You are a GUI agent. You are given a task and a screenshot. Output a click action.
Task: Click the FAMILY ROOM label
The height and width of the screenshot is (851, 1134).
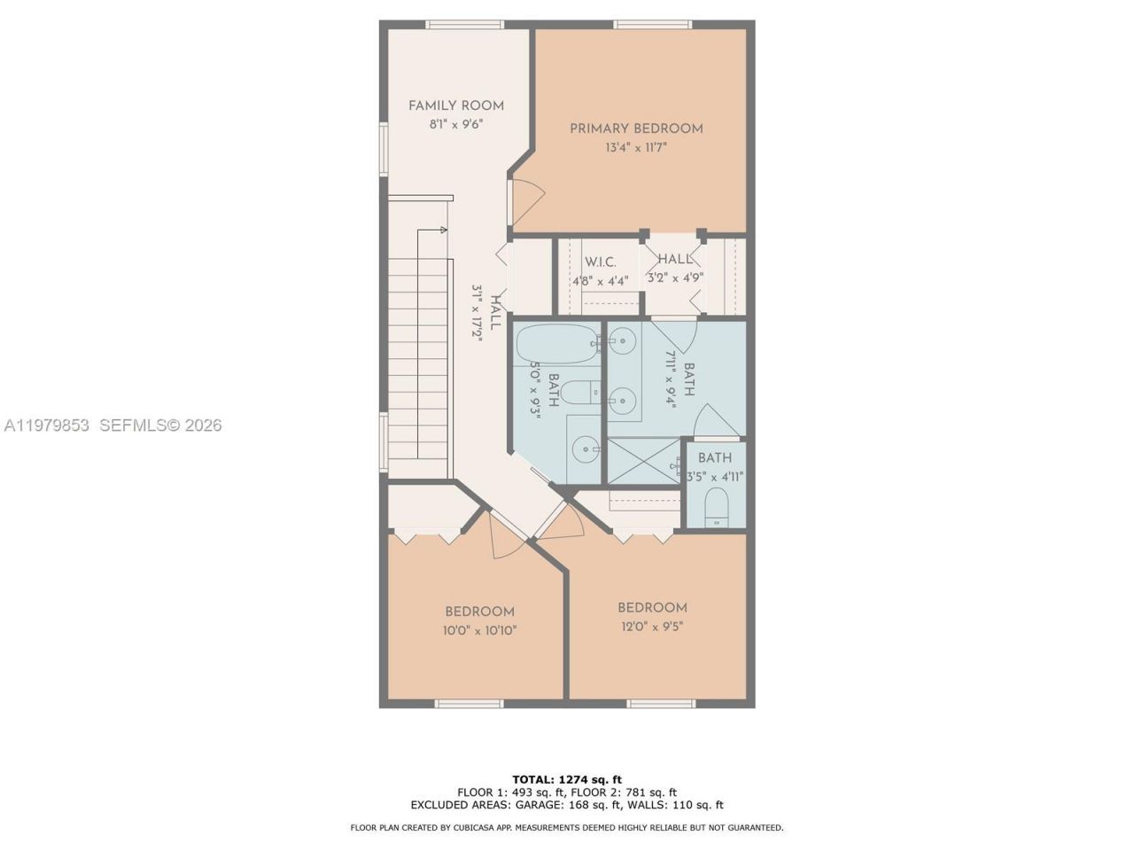pyautogui.click(x=455, y=105)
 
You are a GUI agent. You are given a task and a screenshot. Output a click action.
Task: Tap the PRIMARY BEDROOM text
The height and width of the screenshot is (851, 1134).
pyautogui.click(x=636, y=129)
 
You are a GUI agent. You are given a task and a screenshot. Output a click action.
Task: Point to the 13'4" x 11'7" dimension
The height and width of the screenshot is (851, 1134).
pyautogui.click(x=636, y=148)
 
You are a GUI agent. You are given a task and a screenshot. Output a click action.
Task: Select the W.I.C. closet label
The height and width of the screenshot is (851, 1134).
pyautogui.click(x=600, y=262)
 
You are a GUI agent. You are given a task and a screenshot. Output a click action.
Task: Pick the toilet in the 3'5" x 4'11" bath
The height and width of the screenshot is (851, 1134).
pyautogui.click(x=716, y=510)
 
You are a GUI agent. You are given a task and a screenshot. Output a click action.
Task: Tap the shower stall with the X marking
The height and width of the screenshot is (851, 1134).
pyautogui.click(x=644, y=461)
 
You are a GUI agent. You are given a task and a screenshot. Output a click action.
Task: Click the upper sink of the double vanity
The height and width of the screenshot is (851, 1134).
pyautogui.click(x=624, y=339)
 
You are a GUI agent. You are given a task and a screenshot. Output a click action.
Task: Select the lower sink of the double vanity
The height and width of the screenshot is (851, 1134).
pyautogui.click(x=624, y=399)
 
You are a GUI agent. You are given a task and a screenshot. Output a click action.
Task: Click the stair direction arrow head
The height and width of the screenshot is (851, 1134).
pyautogui.click(x=443, y=230)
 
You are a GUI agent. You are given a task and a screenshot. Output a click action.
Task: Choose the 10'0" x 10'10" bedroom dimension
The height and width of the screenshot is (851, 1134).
pyautogui.click(x=479, y=631)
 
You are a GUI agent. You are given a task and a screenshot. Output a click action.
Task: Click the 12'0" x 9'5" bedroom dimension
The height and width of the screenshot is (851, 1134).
pyautogui.click(x=651, y=627)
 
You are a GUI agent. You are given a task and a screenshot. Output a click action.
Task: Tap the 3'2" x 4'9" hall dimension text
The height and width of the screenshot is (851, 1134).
pyautogui.click(x=675, y=278)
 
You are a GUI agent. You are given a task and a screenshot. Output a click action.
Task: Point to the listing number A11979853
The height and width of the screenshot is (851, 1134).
pyautogui.click(x=47, y=425)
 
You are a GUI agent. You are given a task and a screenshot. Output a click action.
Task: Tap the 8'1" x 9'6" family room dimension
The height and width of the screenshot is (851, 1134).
pyautogui.click(x=455, y=125)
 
